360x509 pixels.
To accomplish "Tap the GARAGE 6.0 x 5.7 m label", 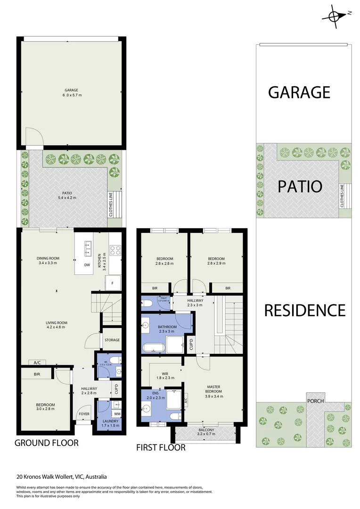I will pos(71,92).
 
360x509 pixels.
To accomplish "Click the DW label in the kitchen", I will pos(87,265).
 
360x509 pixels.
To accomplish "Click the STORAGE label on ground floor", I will pos(112,340).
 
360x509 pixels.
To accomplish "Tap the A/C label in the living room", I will pos(37,362).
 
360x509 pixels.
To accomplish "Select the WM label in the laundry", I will pos(117,414).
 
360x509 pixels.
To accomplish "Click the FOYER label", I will pos(84,414).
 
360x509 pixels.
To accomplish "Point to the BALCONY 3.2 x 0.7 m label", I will pos(206,432).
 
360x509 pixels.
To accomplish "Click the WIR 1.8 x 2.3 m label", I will pos(162,375).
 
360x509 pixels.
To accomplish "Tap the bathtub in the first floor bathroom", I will pos(153,348).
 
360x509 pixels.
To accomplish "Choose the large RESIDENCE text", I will pos(304,310).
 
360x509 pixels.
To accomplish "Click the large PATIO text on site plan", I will pos(300,186).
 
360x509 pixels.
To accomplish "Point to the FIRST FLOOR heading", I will pos(161,447).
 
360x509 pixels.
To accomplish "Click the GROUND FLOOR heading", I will pos(46,443).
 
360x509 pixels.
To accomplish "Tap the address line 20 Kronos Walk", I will pos(62,476).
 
